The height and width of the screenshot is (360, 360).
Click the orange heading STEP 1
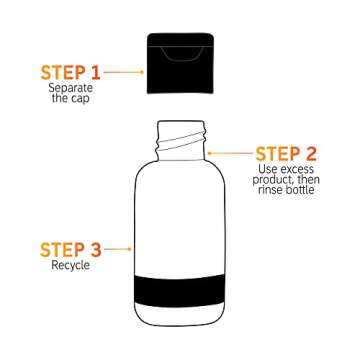tap(70, 72)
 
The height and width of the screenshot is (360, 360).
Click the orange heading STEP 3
tap(70, 249)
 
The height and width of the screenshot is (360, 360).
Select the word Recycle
tap(70, 266)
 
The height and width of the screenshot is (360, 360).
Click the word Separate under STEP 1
tap(70, 88)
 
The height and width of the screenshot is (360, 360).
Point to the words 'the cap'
tap(70, 99)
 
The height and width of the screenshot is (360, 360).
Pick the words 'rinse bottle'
tap(287, 191)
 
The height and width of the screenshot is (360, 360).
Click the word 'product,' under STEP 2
tap(274, 180)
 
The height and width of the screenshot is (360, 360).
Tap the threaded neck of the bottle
tap(181, 136)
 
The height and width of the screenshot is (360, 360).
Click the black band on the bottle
tap(181, 289)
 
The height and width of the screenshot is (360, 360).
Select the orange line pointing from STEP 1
tap(124, 72)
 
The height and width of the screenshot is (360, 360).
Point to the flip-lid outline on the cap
tap(182, 48)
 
